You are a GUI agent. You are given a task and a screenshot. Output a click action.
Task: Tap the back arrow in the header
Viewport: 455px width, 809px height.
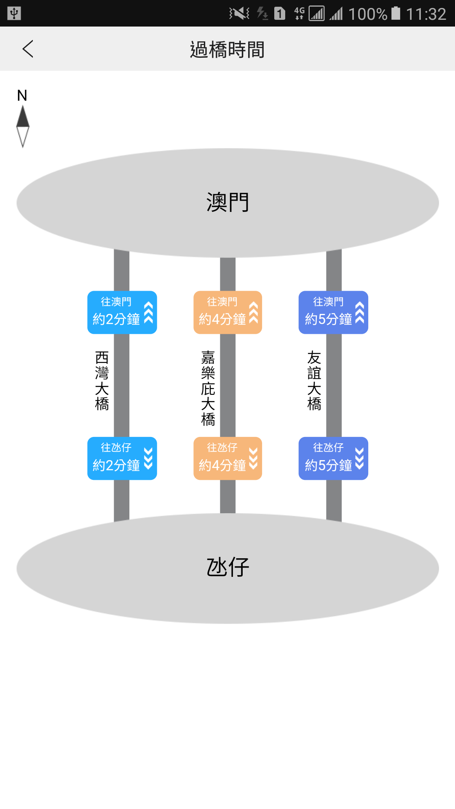(28, 49)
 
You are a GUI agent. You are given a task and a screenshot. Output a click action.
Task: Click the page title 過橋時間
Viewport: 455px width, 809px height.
(227, 50)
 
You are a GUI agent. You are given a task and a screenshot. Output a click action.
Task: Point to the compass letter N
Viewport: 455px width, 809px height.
(22, 96)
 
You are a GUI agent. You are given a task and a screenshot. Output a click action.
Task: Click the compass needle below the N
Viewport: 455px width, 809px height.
(23, 126)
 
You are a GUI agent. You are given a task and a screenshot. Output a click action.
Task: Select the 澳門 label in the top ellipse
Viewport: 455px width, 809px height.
(227, 203)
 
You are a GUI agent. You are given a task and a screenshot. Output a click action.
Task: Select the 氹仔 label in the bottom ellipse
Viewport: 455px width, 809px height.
(227, 567)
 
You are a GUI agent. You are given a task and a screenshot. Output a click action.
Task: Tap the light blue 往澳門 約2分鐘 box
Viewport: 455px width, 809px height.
(122, 312)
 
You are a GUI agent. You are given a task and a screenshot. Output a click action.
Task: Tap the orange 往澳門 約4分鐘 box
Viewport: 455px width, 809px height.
(227, 312)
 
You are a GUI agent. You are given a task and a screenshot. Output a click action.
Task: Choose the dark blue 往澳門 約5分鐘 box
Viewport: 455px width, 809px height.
(333, 312)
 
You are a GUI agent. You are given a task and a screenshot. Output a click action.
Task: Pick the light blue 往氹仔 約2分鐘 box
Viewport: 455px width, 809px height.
(122, 458)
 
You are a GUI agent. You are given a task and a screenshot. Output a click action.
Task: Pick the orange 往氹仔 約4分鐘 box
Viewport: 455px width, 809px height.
(227, 458)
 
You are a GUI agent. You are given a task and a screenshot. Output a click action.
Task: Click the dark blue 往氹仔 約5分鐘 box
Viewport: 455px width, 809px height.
(333, 458)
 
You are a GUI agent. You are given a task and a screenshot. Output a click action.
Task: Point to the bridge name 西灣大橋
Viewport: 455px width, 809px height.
(102, 380)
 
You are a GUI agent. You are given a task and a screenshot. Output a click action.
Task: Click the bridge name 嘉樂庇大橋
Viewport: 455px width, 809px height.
(208, 388)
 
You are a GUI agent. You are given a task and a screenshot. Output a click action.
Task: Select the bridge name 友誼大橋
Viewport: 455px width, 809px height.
(314, 380)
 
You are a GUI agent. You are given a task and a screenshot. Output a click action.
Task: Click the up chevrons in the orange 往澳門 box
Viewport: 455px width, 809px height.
(253, 313)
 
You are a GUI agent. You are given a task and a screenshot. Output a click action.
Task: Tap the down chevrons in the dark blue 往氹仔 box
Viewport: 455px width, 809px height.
(359, 458)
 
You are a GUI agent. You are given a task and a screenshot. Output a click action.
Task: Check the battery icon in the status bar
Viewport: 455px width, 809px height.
(396, 13)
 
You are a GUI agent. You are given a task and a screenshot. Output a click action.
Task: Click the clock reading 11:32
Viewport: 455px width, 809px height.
(426, 14)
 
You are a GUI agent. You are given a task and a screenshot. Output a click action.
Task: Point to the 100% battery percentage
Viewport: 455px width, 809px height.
(367, 14)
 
